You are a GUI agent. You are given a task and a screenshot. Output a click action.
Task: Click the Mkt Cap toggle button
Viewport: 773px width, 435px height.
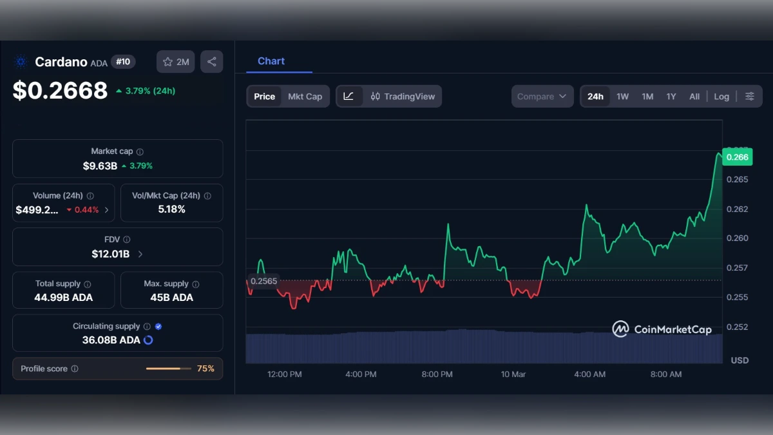[x=305, y=97]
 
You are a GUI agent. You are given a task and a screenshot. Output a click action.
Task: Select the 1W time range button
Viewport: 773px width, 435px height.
[x=622, y=97]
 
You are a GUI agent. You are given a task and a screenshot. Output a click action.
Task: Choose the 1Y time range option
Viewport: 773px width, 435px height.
[x=671, y=97]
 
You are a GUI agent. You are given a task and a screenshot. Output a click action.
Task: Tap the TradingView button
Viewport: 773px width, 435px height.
[x=403, y=97]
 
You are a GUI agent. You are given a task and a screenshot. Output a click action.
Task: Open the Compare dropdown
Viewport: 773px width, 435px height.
[x=542, y=97]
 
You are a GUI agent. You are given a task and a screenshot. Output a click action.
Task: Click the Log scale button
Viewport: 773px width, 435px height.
[x=721, y=97]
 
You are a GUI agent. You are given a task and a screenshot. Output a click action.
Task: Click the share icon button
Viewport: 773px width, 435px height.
[x=212, y=62]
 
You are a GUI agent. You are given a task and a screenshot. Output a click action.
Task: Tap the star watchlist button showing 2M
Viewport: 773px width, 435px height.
[x=176, y=62]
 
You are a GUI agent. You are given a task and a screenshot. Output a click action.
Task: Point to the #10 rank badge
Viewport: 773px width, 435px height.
[x=123, y=62]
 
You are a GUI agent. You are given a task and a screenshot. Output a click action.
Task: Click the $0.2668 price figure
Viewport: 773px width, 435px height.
[x=60, y=91]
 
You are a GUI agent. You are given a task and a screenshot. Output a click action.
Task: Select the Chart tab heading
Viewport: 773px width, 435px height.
[x=271, y=61]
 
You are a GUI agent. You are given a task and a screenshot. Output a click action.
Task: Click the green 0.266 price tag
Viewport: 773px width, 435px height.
[x=737, y=157]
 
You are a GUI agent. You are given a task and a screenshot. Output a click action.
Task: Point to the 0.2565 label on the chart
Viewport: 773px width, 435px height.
[x=263, y=281]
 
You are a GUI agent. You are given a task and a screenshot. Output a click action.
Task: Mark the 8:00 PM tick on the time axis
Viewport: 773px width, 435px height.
[x=437, y=374]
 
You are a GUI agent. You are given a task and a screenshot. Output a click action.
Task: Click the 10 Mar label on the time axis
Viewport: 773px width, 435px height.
[x=513, y=374]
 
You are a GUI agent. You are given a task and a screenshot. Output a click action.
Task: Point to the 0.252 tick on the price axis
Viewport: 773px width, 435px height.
[x=738, y=327]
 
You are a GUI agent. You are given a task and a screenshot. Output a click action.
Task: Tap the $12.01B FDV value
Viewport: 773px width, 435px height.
[x=111, y=254]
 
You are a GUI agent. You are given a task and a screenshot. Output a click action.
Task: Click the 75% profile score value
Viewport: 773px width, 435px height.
[x=205, y=369]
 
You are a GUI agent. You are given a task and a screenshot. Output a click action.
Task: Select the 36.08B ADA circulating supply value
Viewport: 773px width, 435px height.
[x=111, y=340]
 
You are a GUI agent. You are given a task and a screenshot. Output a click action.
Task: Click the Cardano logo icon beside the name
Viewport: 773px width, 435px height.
[x=21, y=62]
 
